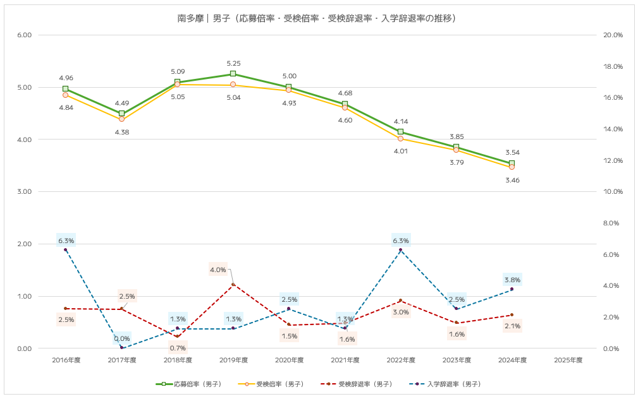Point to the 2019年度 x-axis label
233,360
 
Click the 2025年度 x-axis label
568,360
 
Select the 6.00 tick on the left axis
24,35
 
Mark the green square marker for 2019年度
233,74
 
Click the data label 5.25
233,63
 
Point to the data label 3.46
512,181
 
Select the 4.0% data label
218,270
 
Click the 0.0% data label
122,339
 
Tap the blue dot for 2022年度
401,250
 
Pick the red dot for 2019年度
233,285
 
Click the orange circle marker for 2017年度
122,119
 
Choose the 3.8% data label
512,280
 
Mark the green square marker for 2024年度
512,164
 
